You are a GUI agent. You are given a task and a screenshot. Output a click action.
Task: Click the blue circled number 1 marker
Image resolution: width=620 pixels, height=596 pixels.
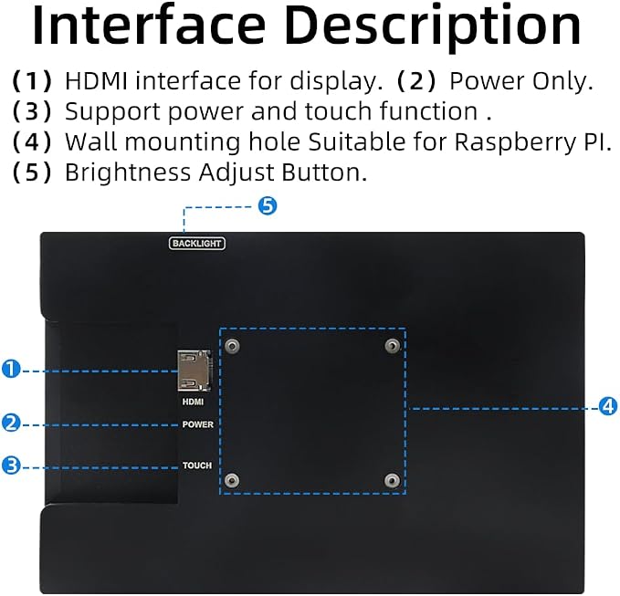coord(11,369)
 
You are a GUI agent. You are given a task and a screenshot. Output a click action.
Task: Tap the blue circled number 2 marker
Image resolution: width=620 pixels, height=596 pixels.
coord(11,423)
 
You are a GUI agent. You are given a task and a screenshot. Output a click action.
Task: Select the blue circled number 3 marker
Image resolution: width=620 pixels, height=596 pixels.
coord(11,465)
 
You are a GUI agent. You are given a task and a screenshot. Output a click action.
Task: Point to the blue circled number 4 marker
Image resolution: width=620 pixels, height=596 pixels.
coord(608,406)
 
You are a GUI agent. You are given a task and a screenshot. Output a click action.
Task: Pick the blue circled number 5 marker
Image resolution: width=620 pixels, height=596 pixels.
coord(268,206)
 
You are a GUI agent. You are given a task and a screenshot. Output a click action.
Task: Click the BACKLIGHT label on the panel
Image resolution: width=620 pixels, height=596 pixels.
coord(197,244)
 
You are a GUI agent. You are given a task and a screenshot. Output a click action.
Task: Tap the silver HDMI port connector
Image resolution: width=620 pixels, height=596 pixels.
coord(194,371)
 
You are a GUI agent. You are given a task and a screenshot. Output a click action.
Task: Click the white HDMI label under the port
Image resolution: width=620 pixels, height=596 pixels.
coord(193,402)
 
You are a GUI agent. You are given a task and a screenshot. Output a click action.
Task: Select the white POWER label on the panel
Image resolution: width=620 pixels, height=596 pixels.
coord(198,424)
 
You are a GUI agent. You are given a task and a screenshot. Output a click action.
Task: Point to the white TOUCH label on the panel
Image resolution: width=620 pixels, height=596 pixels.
coord(197,465)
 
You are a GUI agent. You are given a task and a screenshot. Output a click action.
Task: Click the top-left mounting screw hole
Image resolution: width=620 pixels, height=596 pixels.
coord(232,346)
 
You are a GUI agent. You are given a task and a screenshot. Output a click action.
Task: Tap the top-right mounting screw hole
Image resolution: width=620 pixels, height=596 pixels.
coord(393,346)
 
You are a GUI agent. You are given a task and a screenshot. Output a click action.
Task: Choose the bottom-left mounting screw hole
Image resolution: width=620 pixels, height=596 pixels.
coord(232,480)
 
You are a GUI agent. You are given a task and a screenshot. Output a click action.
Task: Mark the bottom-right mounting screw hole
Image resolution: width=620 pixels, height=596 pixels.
coord(393,480)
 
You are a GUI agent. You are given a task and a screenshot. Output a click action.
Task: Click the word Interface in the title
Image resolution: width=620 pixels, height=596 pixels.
coord(149,26)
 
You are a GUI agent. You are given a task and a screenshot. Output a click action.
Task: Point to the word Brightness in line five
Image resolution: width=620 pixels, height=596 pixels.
coord(129,173)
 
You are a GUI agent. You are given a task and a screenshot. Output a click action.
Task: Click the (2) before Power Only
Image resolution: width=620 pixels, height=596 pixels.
coord(416,82)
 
